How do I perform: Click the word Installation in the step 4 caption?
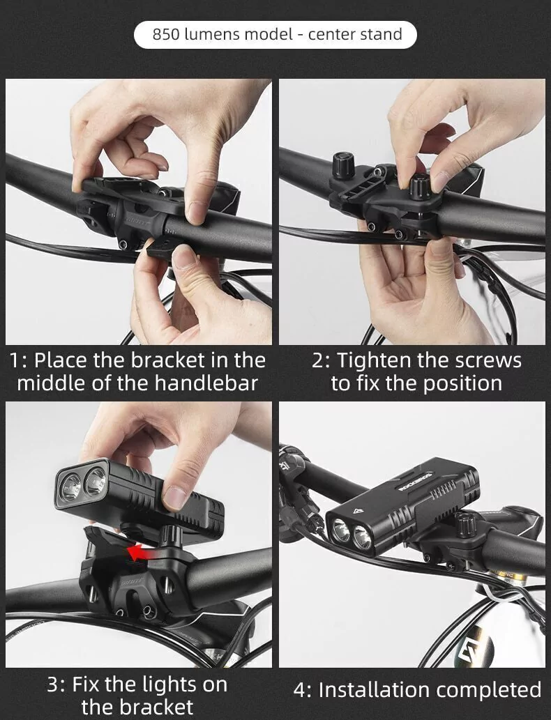tap(372, 690)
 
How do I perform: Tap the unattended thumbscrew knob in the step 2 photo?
tap(343, 165)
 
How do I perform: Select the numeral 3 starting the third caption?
tap(53, 685)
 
